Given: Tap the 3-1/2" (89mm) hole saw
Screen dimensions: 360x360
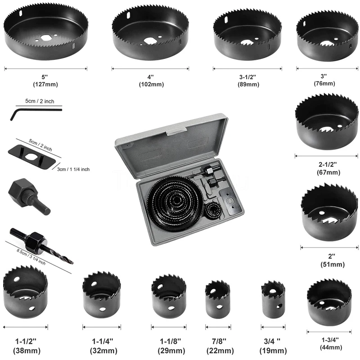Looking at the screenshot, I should coord(247,36).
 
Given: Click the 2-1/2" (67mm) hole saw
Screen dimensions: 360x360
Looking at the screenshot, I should coord(327,121).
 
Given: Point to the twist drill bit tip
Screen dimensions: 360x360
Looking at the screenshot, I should coord(68,261).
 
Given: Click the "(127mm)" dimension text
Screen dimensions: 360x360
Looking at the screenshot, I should coord(45,84).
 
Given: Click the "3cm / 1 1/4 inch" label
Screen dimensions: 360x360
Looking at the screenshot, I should coord(74,169).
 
